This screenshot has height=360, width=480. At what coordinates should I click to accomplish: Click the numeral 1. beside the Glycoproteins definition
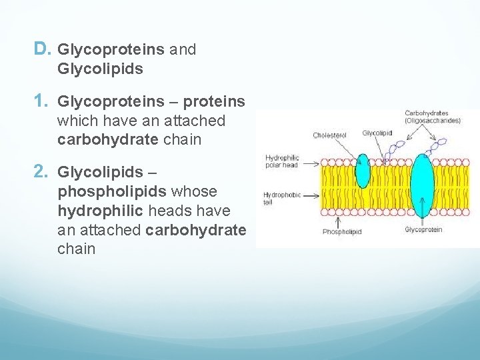(x=42, y=101)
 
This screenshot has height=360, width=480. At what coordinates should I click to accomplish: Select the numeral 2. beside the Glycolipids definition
(x=42, y=172)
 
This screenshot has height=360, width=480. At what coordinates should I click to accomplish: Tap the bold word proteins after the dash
(x=214, y=102)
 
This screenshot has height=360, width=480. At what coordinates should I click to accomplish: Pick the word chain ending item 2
(x=77, y=249)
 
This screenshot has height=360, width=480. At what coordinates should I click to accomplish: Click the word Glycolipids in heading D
(x=101, y=69)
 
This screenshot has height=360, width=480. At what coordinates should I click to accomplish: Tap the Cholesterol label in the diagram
(x=329, y=135)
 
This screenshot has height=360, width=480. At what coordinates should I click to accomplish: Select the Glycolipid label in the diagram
(x=377, y=133)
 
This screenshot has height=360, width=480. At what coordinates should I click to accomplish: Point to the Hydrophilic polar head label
(x=282, y=161)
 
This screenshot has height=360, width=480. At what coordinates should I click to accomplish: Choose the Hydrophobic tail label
(x=282, y=198)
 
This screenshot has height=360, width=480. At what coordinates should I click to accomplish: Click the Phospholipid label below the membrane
(x=341, y=232)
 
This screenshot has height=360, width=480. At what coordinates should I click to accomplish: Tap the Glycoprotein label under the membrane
(x=423, y=230)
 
